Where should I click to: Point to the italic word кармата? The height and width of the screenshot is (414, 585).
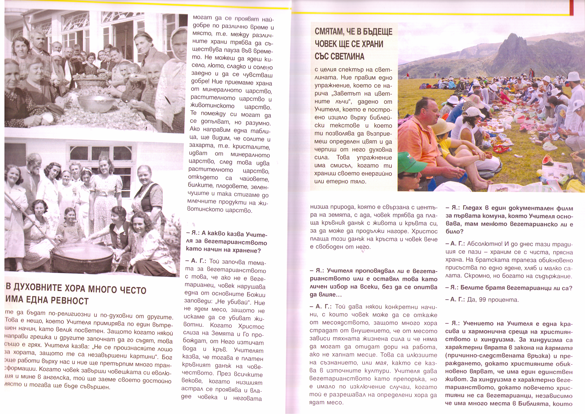tap(559, 348)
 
